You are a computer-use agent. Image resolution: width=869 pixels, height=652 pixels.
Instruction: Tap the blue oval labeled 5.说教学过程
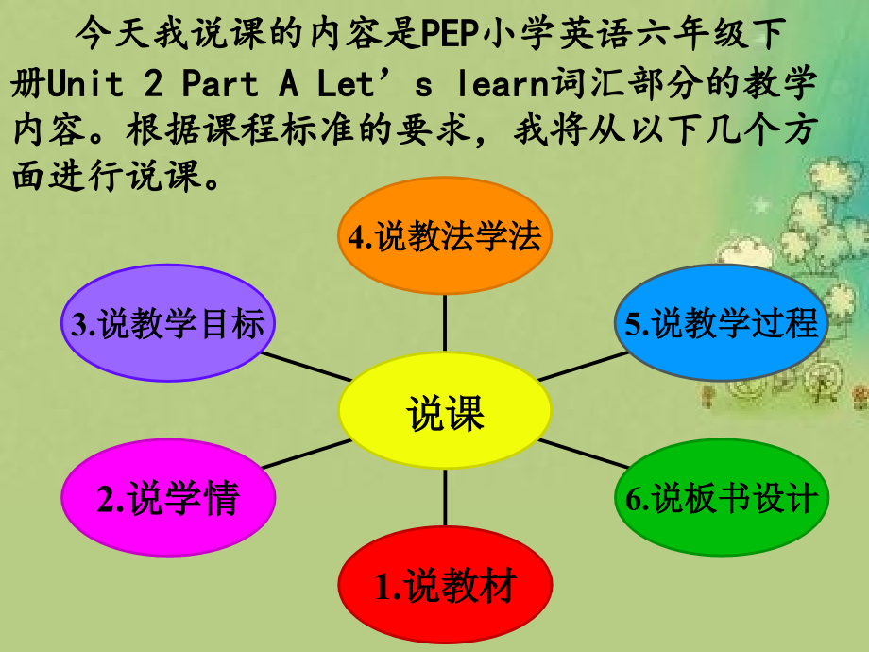(722, 323)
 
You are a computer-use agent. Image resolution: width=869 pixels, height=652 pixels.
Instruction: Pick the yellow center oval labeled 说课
(445, 412)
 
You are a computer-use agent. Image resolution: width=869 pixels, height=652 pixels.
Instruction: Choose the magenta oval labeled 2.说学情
(168, 498)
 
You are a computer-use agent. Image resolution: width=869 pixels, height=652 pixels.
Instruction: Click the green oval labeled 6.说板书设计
(722, 498)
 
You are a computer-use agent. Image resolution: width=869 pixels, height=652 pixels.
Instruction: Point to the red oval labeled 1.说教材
(445, 587)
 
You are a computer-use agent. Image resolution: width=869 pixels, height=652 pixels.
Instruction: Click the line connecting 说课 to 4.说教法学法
(445, 321)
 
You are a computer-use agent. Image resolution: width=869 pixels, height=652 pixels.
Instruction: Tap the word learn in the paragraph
(505, 85)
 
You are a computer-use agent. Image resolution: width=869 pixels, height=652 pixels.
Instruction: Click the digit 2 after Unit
(152, 85)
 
